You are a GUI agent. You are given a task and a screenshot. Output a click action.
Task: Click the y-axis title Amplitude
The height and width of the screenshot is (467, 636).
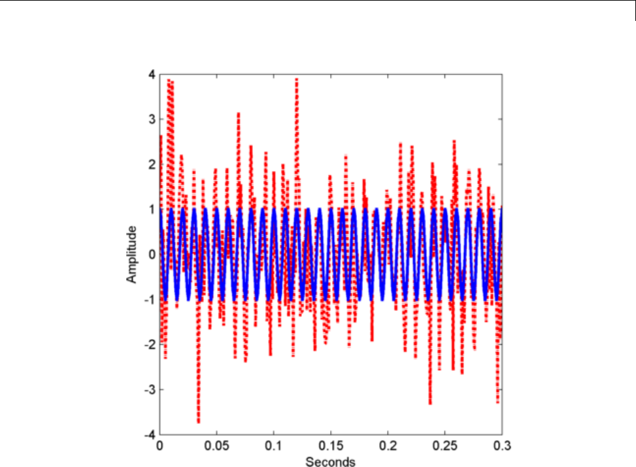pyautogui.click(x=132, y=254)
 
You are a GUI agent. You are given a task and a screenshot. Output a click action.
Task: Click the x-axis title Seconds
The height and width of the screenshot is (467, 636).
pyautogui.click(x=331, y=461)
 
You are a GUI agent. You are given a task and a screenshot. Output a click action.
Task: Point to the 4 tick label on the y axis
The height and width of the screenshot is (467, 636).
pyautogui.click(x=152, y=74)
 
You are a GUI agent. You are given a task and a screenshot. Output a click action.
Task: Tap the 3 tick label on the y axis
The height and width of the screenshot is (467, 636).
pyautogui.click(x=152, y=120)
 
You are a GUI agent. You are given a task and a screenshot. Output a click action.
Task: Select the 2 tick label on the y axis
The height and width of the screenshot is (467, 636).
pyautogui.click(x=152, y=165)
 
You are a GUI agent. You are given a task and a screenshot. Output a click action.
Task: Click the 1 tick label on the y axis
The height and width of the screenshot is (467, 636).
pyautogui.click(x=152, y=209)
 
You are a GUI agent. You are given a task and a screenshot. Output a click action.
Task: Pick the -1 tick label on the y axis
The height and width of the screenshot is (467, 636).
pyautogui.click(x=150, y=299)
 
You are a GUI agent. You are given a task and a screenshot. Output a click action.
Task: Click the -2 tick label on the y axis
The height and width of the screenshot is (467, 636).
pyautogui.click(x=150, y=344)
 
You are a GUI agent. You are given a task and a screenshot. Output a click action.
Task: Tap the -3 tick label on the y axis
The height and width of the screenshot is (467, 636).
pyautogui.click(x=150, y=389)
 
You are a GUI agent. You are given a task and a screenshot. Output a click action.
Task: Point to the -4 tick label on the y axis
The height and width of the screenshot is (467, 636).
pyautogui.click(x=150, y=434)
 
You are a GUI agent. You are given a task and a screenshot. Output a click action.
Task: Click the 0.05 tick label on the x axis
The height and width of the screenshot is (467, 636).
pyautogui.click(x=217, y=447)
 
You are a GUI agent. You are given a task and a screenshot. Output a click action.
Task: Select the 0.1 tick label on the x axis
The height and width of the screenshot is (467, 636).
pyautogui.click(x=274, y=447)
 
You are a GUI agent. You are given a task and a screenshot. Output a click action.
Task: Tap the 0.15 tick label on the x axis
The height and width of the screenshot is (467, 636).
pyautogui.click(x=331, y=447)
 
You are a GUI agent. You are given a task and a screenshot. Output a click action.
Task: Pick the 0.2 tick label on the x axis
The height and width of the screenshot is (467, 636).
pyautogui.click(x=388, y=447)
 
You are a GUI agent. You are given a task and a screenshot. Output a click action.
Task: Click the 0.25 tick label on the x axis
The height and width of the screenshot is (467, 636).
pyautogui.click(x=445, y=447)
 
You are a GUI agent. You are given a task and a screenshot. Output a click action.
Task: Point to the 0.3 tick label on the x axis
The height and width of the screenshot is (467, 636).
pyautogui.click(x=501, y=447)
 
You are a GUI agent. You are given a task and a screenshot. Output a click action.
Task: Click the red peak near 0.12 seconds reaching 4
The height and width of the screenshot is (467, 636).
pyautogui.click(x=297, y=79)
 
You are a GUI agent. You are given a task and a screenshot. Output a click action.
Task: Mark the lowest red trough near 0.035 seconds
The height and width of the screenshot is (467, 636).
pyautogui.click(x=198, y=421)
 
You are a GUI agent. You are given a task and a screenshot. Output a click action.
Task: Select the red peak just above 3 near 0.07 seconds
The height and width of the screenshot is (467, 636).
pyautogui.click(x=239, y=114)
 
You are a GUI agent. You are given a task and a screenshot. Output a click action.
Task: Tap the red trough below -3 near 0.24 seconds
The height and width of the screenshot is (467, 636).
pyautogui.click(x=430, y=403)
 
